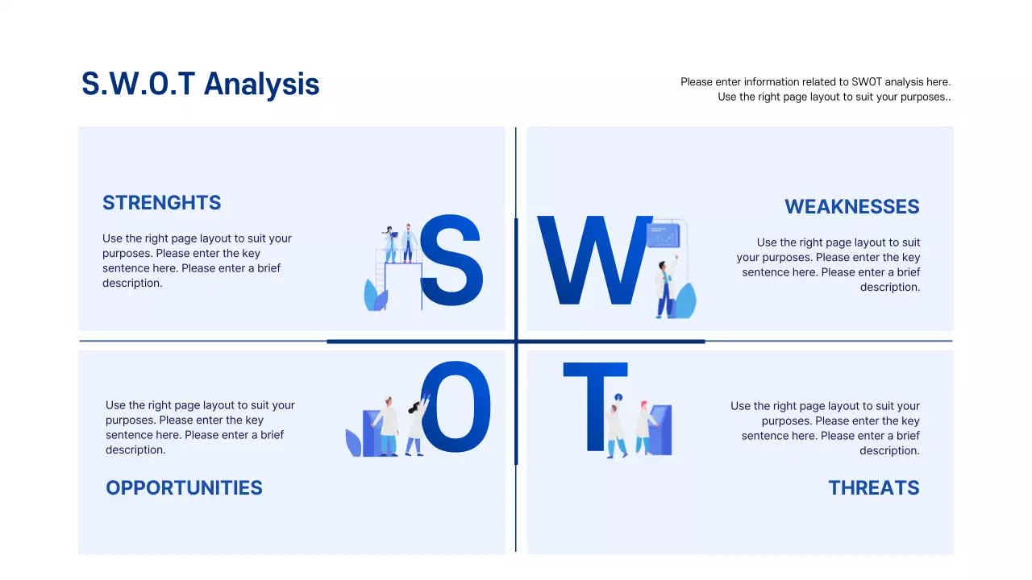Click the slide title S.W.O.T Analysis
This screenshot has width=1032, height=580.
[200, 84]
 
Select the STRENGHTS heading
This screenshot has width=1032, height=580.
[161, 203]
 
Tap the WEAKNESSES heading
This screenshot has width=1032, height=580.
[851, 207]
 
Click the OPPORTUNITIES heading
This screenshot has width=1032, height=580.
[184, 488]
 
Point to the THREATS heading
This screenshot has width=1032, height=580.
[873, 488]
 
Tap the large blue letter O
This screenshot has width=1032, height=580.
[456, 408]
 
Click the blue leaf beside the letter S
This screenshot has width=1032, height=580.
[375, 297]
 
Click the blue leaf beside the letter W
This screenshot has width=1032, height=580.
[685, 301]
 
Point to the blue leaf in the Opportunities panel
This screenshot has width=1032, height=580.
[353, 443]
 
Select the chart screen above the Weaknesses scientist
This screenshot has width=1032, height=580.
[664, 236]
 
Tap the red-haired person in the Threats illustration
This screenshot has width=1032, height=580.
[643, 428]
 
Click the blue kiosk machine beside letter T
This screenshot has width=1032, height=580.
[661, 430]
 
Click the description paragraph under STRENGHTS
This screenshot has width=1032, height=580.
[197, 261]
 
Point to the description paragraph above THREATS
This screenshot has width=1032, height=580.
[825, 429]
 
